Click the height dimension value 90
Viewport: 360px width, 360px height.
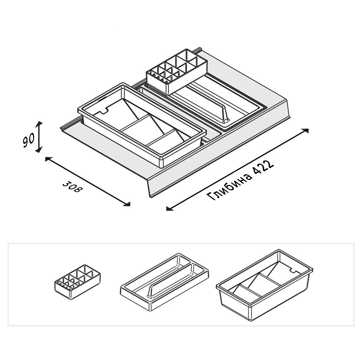coord(29,140)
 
